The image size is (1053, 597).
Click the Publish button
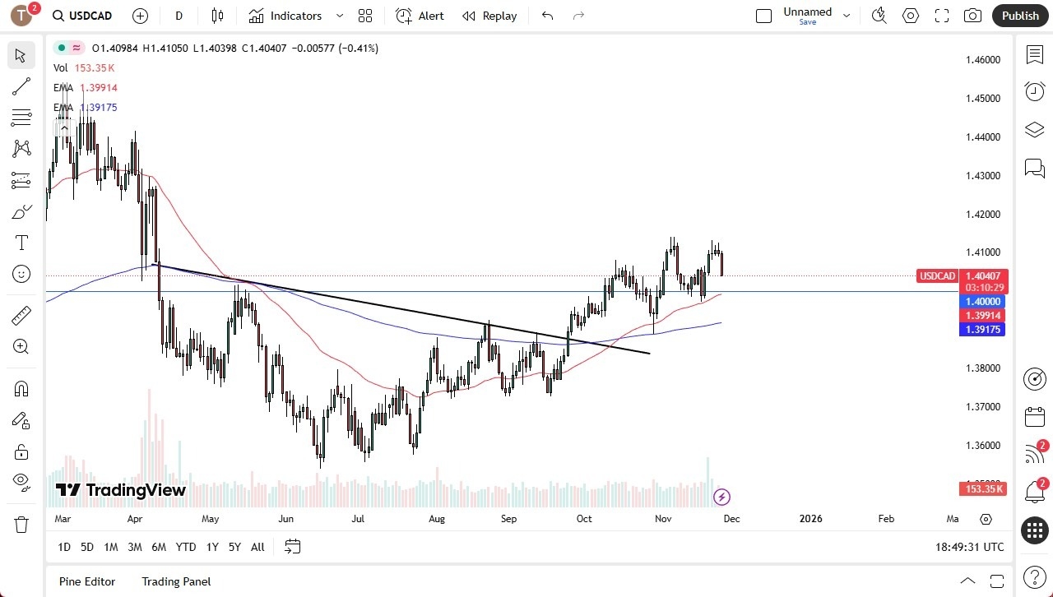1020,16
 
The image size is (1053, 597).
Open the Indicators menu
295,16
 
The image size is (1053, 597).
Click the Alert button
420,16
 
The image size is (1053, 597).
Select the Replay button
489,16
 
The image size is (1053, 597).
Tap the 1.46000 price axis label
983,60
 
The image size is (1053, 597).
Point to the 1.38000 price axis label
983,368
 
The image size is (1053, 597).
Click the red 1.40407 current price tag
983,276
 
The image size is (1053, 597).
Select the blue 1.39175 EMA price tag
983,330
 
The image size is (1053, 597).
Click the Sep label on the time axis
509,519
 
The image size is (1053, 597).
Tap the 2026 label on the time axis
810,519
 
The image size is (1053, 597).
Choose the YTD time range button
186,547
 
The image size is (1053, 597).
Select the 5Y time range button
234,547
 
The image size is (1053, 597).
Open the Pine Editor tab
87,581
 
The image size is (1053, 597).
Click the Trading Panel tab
176,581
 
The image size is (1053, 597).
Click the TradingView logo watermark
121,491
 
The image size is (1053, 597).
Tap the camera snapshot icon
972,16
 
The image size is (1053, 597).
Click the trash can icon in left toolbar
21,525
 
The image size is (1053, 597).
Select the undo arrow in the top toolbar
547,16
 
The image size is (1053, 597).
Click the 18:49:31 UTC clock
969,547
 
